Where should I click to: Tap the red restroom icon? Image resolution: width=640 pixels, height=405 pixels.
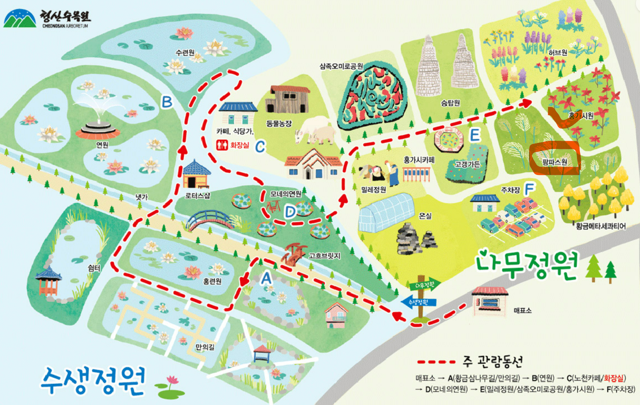coord(222,145)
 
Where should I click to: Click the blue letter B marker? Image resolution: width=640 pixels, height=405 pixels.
coord(167,102)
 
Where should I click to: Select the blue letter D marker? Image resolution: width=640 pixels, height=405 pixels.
coord(290,212)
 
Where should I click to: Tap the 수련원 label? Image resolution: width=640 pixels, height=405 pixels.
coord(185,52)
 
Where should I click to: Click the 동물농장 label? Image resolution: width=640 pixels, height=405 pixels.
coord(279,123)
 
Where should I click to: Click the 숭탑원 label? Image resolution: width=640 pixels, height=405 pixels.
coord(450,103)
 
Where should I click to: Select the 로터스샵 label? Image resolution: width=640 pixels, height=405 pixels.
coord(198,195)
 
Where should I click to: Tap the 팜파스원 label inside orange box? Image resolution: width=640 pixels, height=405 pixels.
coord(554,162)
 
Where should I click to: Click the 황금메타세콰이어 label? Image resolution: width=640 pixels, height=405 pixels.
coord(600,226)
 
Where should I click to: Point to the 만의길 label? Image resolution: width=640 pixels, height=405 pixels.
coord(205,347)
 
